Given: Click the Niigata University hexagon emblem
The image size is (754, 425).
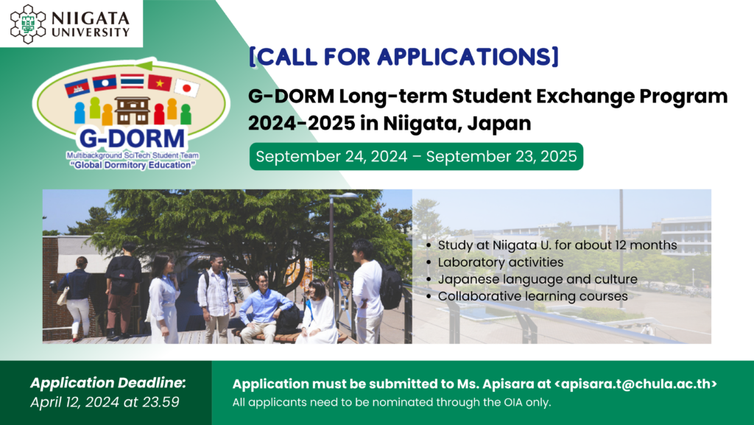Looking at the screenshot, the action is [x=29, y=24].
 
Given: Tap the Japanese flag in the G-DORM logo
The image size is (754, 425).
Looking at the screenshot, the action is [x=186, y=88].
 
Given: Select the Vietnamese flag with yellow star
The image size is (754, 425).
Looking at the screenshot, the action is [x=160, y=83].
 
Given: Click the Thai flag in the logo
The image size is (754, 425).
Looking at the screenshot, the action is [x=133, y=81].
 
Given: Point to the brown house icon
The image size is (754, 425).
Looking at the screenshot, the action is [x=133, y=110].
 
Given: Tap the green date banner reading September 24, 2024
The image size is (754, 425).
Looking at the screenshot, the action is [x=416, y=156].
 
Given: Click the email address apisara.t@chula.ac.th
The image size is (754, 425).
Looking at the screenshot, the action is [x=635, y=384].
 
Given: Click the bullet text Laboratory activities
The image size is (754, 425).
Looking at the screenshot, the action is [x=501, y=262].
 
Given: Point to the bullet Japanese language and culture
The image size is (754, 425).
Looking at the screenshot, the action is [x=538, y=279].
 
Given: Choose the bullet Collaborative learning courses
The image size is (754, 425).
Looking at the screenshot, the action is [x=533, y=296].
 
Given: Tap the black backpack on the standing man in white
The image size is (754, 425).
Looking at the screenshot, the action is [x=390, y=287].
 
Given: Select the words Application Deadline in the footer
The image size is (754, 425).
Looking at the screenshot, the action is [x=108, y=383].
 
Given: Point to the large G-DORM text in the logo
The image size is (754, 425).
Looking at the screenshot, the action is [x=132, y=138].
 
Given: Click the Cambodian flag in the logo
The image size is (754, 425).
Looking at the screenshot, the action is [x=77, y=88].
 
